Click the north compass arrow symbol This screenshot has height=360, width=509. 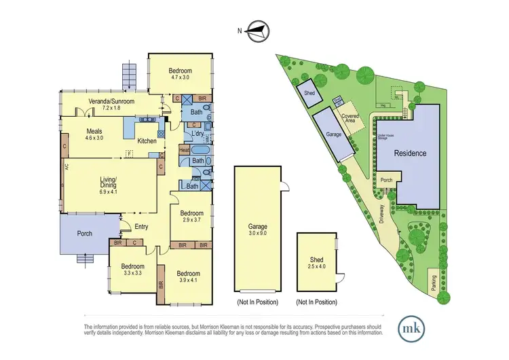(257, 29)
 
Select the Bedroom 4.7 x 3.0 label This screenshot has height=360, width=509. (180, 74)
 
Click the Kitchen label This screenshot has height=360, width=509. (147, 141)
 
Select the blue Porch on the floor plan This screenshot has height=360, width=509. (85, 234)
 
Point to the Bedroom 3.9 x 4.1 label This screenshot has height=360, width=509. (185, 276)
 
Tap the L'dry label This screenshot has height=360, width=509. (197, 134)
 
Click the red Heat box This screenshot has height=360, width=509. (184, 149)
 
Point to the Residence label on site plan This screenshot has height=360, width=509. (411, 154)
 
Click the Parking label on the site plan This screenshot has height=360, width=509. (433, 281)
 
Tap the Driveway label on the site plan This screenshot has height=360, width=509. (383, 213)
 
